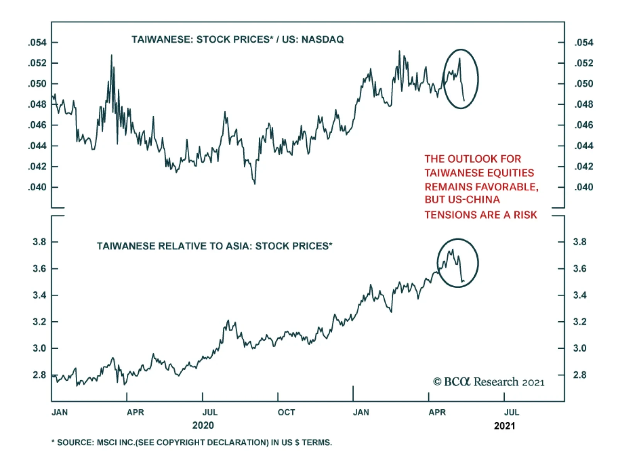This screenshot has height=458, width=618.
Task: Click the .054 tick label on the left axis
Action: tap(37, 42)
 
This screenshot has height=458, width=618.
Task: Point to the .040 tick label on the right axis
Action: tap(583, 187)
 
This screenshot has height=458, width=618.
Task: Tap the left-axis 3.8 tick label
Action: tap(39, 242)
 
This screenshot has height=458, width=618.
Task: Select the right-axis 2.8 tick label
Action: tap(579, 375)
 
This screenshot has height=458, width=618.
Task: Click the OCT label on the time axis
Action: tap(286, 412)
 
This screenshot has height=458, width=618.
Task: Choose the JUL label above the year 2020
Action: tap(210, 412)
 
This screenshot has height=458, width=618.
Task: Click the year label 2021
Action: tap(504, 426)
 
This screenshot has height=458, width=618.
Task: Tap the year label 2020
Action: tap(203, 426)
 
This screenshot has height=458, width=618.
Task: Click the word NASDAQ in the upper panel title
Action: tap(323, 39)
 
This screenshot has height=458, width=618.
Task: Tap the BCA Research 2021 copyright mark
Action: tap(489, 382)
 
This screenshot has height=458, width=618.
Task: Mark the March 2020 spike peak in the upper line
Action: tap(112, 55)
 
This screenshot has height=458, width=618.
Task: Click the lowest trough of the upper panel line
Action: tap(255, 184)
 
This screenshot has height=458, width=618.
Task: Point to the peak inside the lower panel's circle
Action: tap(452, 249)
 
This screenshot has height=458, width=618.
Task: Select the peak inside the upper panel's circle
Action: tap(460, 58)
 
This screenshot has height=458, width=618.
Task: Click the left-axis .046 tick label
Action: tap(37, 125)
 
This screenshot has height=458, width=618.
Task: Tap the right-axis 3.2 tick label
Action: tap(579, 322)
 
